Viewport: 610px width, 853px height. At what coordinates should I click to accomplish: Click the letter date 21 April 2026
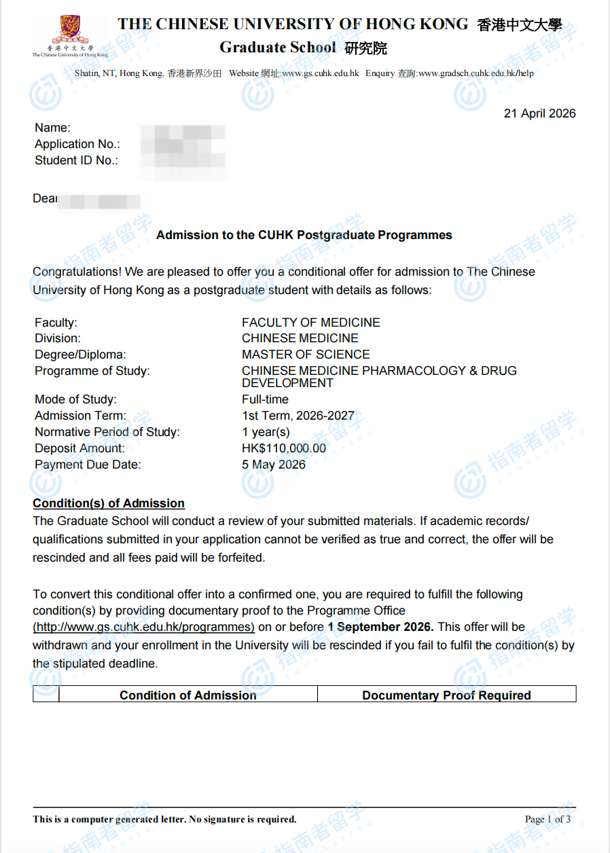[x=539, y=113]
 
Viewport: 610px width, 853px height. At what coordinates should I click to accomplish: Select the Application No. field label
[x=77, y=144]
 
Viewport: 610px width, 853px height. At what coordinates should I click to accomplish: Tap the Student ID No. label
[x=76, y=160]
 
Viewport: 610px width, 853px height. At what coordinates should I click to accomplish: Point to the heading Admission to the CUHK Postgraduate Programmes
[x=304, y=235]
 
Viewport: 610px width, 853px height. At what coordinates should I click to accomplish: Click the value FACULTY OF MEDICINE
[x=310, y=323]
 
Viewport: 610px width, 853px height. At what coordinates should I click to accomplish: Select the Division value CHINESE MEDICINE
[x=300, y=338]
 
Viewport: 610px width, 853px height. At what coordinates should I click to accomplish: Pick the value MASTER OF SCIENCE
[x=306, y=355]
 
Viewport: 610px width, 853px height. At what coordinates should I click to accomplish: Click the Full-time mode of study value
[x=265, y=399]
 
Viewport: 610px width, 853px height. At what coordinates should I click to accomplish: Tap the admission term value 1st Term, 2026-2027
[x=298, y=416]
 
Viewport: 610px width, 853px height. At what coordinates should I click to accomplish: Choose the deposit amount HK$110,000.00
[x=283, y=448]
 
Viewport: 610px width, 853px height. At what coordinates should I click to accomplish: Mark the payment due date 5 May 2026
[x=273, y=465]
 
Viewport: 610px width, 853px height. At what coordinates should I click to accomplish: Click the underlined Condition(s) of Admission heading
[x=109, y=503]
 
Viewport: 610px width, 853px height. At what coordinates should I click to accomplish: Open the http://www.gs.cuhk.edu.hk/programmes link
[x=144, y=627]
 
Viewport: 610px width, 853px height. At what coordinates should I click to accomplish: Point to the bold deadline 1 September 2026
[x=380, y=627]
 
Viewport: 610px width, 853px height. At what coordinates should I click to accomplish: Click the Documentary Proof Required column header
[x=446, y=695]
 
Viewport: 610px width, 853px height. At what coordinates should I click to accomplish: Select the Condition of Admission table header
[x=188, y=695]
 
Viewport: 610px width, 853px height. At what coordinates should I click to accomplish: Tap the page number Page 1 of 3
[x=548, y=819]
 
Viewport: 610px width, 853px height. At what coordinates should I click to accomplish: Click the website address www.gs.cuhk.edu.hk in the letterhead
[x=320, y=73]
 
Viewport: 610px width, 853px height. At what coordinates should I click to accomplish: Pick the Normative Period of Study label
[x=107, y=432]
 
